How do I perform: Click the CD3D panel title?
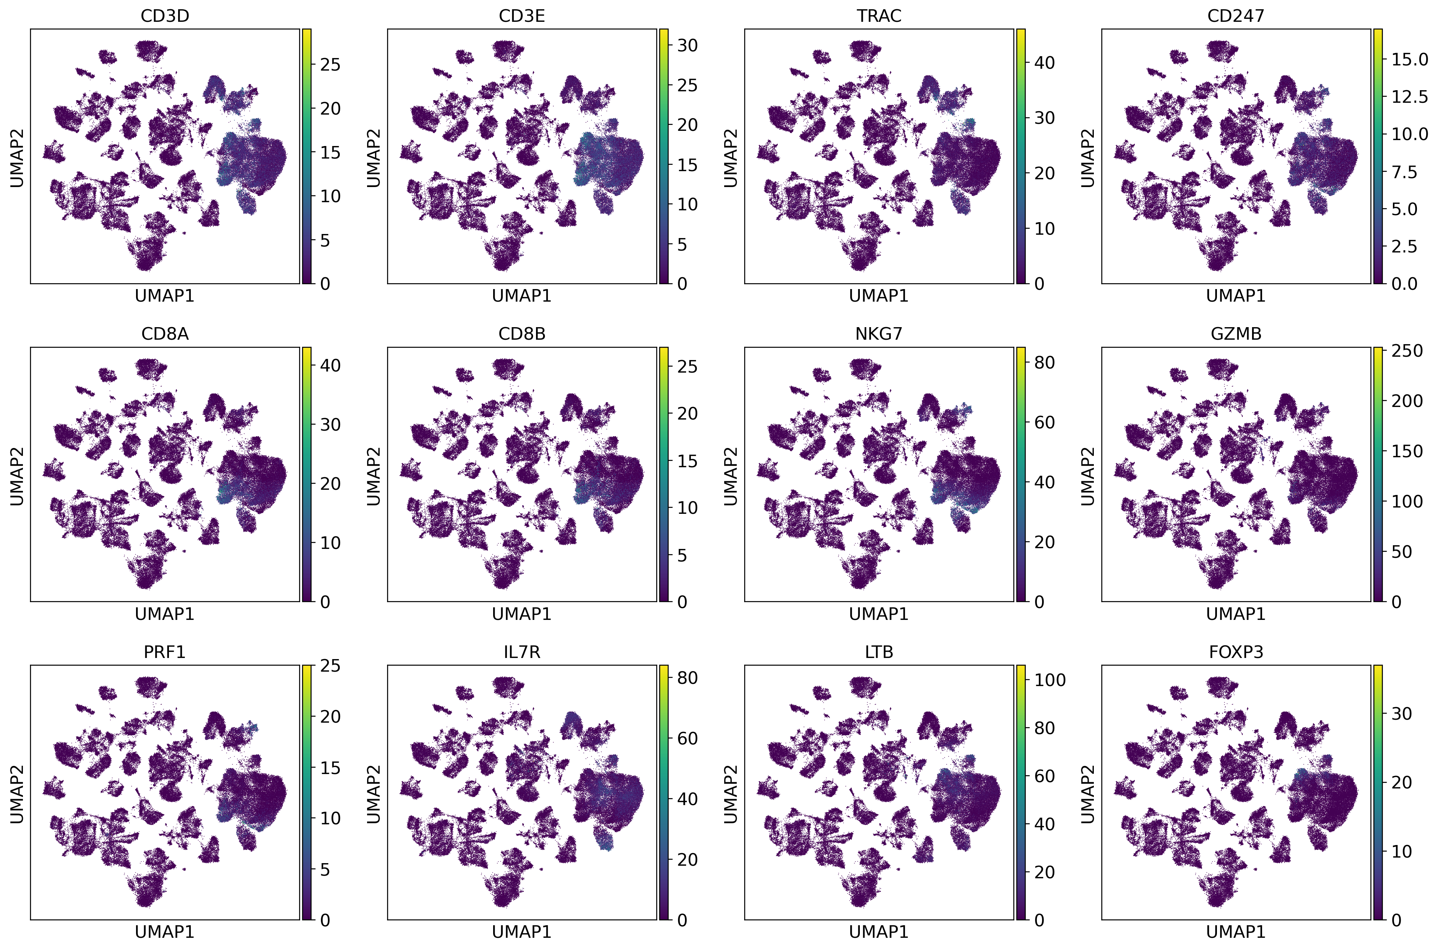[x=165, y=16]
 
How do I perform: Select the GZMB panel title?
[x=1236, y=334]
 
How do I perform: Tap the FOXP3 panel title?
[x=1236, y=652]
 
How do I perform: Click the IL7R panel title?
[x=522, y=652]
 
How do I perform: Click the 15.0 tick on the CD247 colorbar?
[x=1410, y=60]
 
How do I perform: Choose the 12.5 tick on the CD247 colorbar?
[x=1410, y=97]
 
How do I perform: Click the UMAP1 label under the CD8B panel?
[x=522, y=614]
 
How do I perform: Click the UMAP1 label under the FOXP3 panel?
[x=1236, y=932]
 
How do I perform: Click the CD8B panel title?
[x=522, y=334]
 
